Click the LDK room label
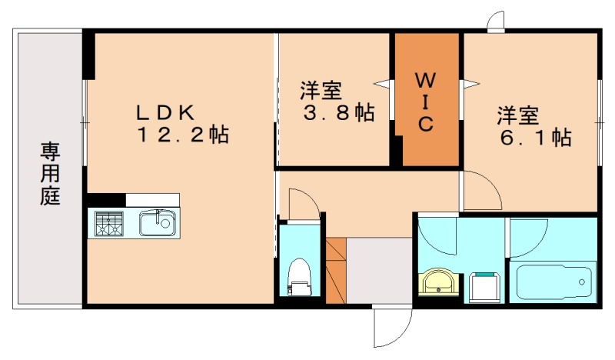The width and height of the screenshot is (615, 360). pyautogui.click(x=165, y=111)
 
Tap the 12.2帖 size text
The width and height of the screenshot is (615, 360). pyautogui.click(x=183, y=136)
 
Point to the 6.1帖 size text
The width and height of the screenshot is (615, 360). pyautogui.click(x=534, y=138)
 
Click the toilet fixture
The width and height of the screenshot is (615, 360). pyautogui.click(x=298, y=277)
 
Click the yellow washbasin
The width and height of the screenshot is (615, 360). pyautogui.click(x=439, y=282)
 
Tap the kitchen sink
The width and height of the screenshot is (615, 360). pyautogui.click(x=158, y=224)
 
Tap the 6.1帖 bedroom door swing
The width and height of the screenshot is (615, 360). pyautogui.click(x=480, y=191)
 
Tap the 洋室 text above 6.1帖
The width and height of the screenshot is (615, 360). pyautogui.click(x=517, y=116)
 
